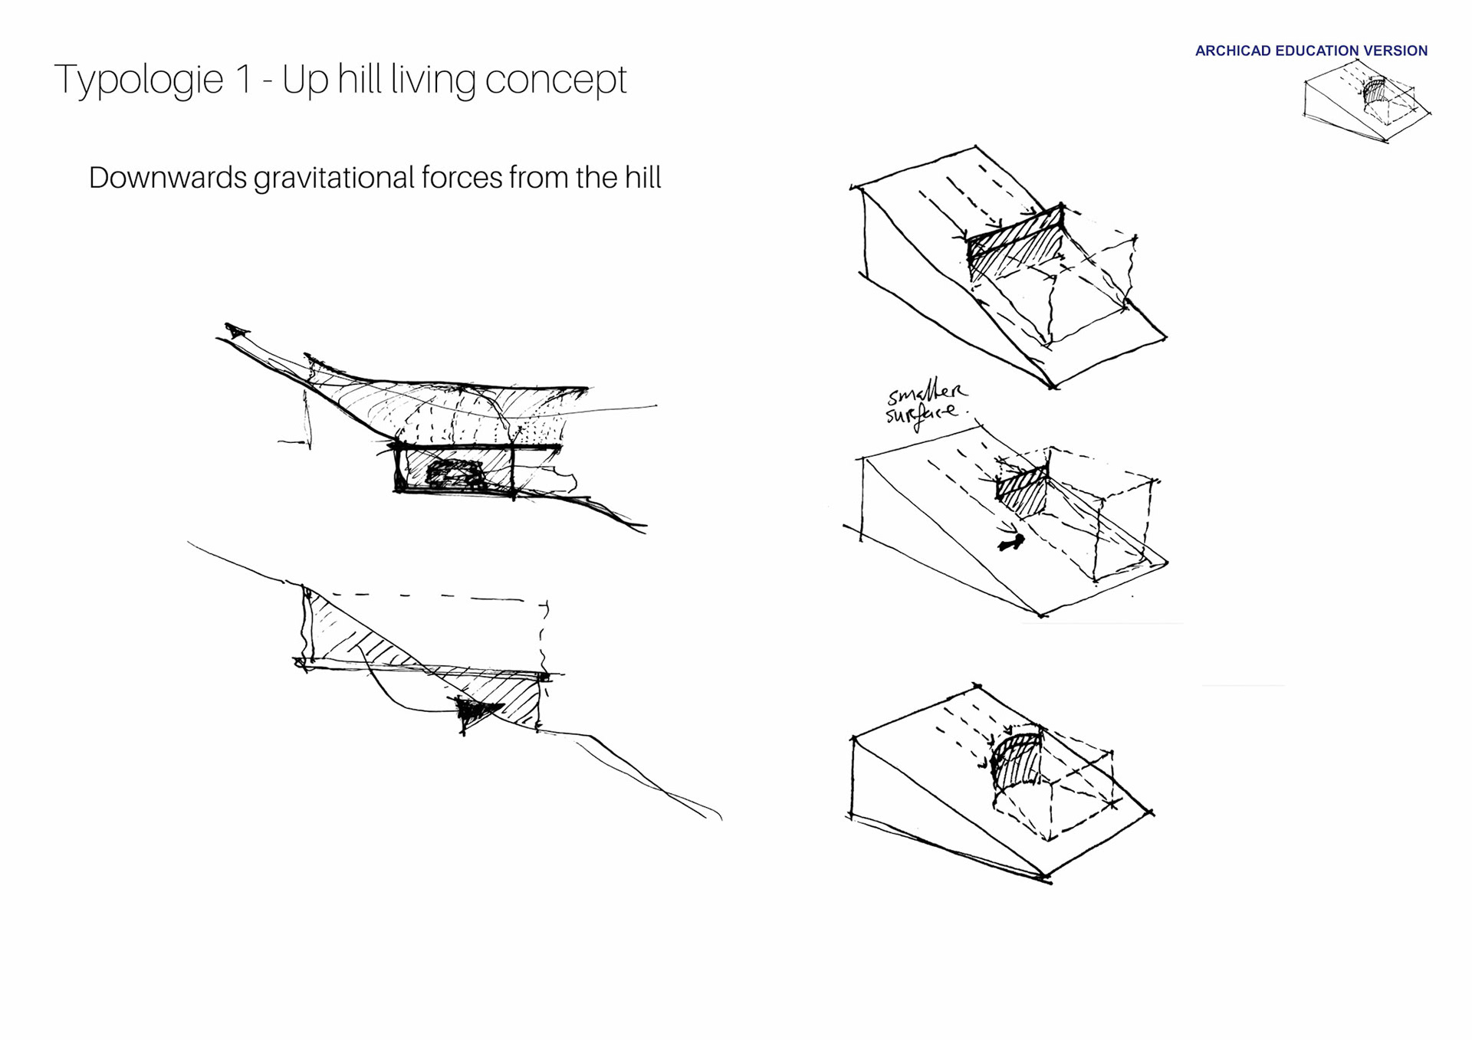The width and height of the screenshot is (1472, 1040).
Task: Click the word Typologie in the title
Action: click(139, 80)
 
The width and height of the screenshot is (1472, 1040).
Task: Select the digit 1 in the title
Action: click(244, 79)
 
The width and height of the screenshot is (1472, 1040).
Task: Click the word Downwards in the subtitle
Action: click(168, 178)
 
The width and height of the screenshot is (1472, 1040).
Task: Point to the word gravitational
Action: click(333, 179)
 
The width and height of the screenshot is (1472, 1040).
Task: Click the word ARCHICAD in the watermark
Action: click(1233, 51)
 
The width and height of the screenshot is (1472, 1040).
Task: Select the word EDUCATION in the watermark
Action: click(1317, 51)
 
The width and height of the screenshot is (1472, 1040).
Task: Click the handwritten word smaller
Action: click(927, 393)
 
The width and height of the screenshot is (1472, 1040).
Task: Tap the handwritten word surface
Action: click(922, 415)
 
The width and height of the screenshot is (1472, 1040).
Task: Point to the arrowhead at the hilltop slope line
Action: click(236, 331)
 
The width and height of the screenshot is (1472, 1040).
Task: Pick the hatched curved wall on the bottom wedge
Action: click(1017, 762)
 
